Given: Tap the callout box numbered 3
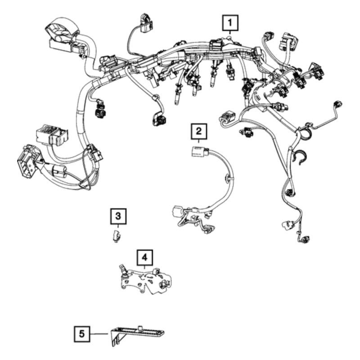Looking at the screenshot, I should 118,217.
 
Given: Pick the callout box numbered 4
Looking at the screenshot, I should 144,257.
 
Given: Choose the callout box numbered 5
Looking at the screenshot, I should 81,334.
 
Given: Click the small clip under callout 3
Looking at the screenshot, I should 116,235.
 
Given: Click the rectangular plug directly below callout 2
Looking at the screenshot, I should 196,152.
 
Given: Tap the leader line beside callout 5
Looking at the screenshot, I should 99,334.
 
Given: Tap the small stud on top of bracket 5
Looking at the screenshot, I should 140,326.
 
